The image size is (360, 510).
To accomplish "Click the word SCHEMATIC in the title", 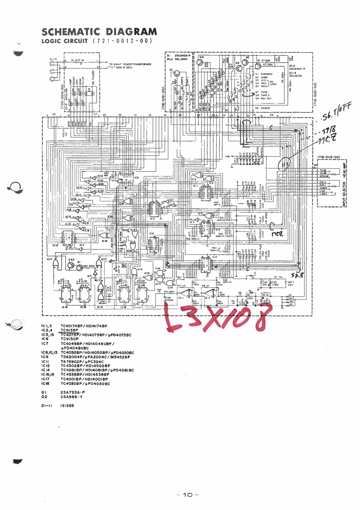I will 66,32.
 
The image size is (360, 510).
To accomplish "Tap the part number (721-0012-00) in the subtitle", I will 122,41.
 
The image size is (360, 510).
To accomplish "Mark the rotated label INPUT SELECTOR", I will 345,193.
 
